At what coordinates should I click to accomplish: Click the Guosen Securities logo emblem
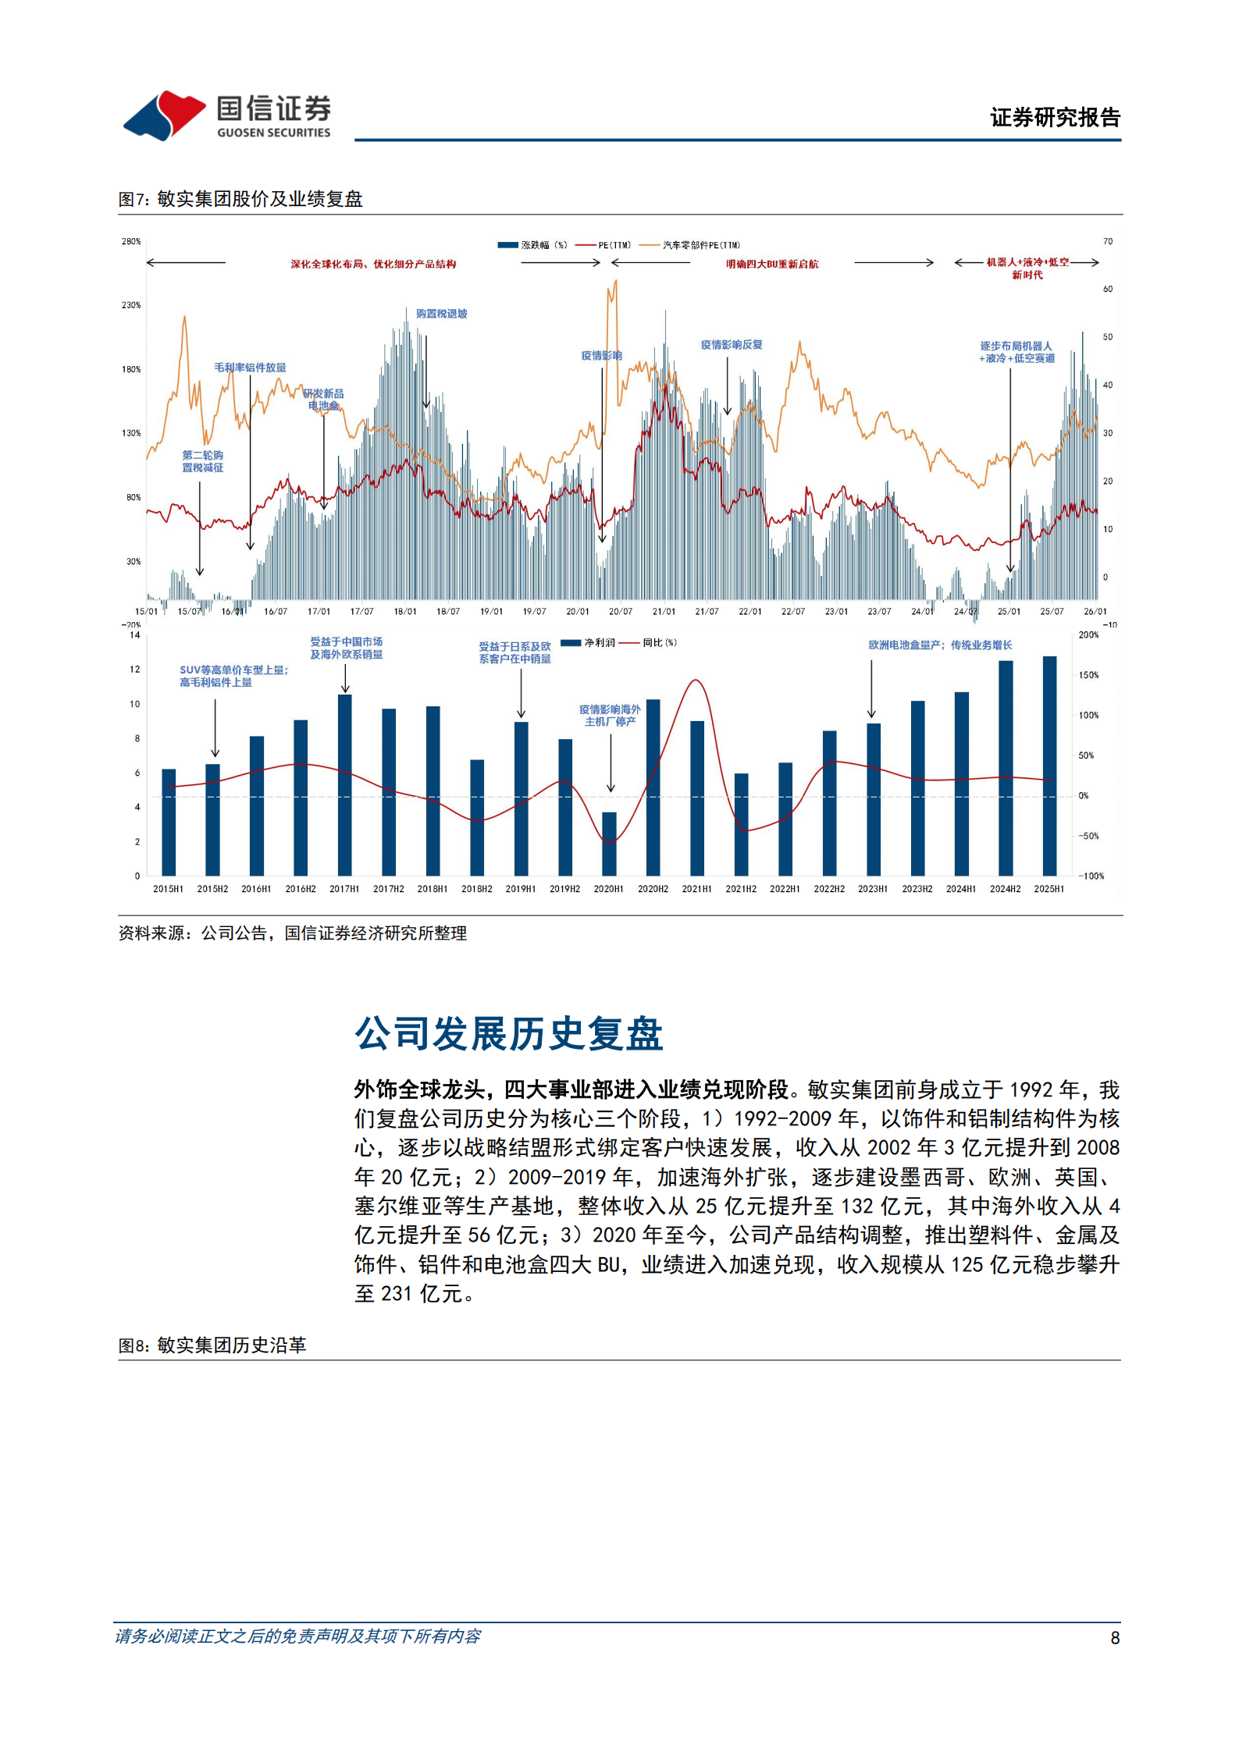pyautogui.click(x=165, y=115)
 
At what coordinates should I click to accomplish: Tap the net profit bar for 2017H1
pyautogui.click(x=344, y=784)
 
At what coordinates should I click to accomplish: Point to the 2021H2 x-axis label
pyautogui.click(x=741, y=889)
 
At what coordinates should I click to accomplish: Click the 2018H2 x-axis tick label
pyautogui.click(x=476, y=889)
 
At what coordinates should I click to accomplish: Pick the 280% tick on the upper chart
pyautogui.click(x=131, y=242)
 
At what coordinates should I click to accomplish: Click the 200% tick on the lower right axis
pyautogui.click(x=1088, y=635)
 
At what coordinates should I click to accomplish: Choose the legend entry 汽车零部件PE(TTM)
pyautogui.click(x=691, y=245)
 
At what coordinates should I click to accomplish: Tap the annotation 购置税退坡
pyautogui.click(x=441, y=314)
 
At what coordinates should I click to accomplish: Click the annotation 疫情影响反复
pyautogui.click(x=731, y=345)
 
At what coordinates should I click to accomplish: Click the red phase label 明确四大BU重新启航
pyautogui.click(x=772, y=265)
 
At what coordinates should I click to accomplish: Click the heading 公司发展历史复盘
pyautogui.click(x=508, y=1034)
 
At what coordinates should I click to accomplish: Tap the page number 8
pyautogui.click(x=1115, y=1638)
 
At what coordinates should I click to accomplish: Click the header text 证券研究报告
pyautogui.click(x=1055, y=118)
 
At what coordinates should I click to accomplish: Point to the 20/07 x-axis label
pyautogui.click(x=621, y=612)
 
